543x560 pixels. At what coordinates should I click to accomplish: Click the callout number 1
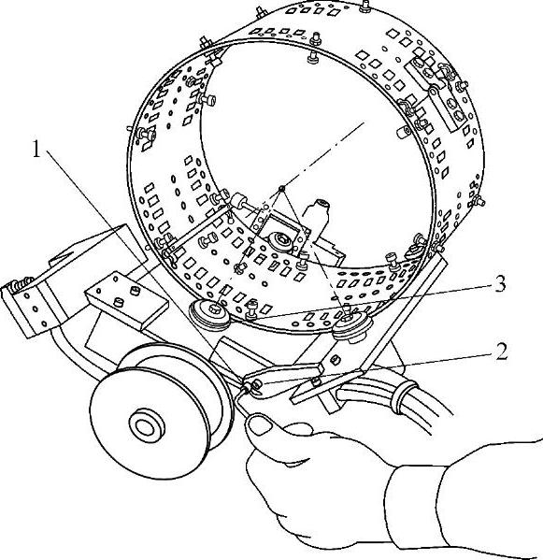pyautogui.click(x=36, y=149)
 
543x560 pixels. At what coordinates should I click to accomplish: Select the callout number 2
pyautogui.click(x=501, y=352)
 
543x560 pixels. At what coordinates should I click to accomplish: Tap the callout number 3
pyautogui.click(x=500, y=284)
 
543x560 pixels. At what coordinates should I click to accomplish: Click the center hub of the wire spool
pyautogui.click(x=147, y=426)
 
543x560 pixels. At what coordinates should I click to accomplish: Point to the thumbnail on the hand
pyautogui.click(x=262, y=424)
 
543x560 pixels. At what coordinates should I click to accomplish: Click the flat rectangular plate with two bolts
pyautogui.click(x=126, y=300)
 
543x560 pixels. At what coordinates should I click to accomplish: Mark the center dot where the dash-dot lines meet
pyautogui.click(x=282, y=188)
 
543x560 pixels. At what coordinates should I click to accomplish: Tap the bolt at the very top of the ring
pyautogui.click(x=364, y=6)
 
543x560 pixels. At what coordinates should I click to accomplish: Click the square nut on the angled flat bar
pyautogui.click(x=335, y=360)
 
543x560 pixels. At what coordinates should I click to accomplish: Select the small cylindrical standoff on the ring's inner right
pyautogui.click(x=404, y=132)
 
